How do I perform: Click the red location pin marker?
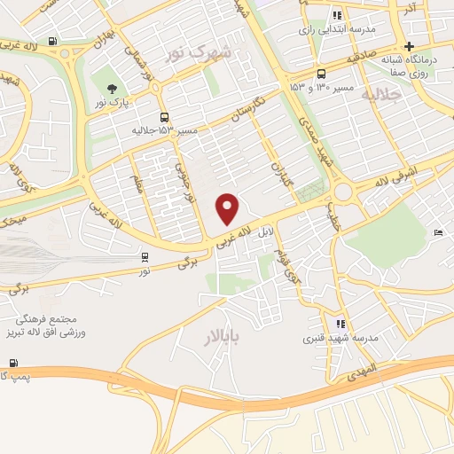(x=229, y=208)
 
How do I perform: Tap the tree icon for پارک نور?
(x=112, y=88)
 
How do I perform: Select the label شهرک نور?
(x=201, y=53)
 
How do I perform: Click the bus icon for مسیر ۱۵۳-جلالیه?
(x=164, y=117)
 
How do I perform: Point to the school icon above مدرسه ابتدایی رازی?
(x=337, y=15)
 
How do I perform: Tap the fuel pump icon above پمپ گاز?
(x=12, y=363)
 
